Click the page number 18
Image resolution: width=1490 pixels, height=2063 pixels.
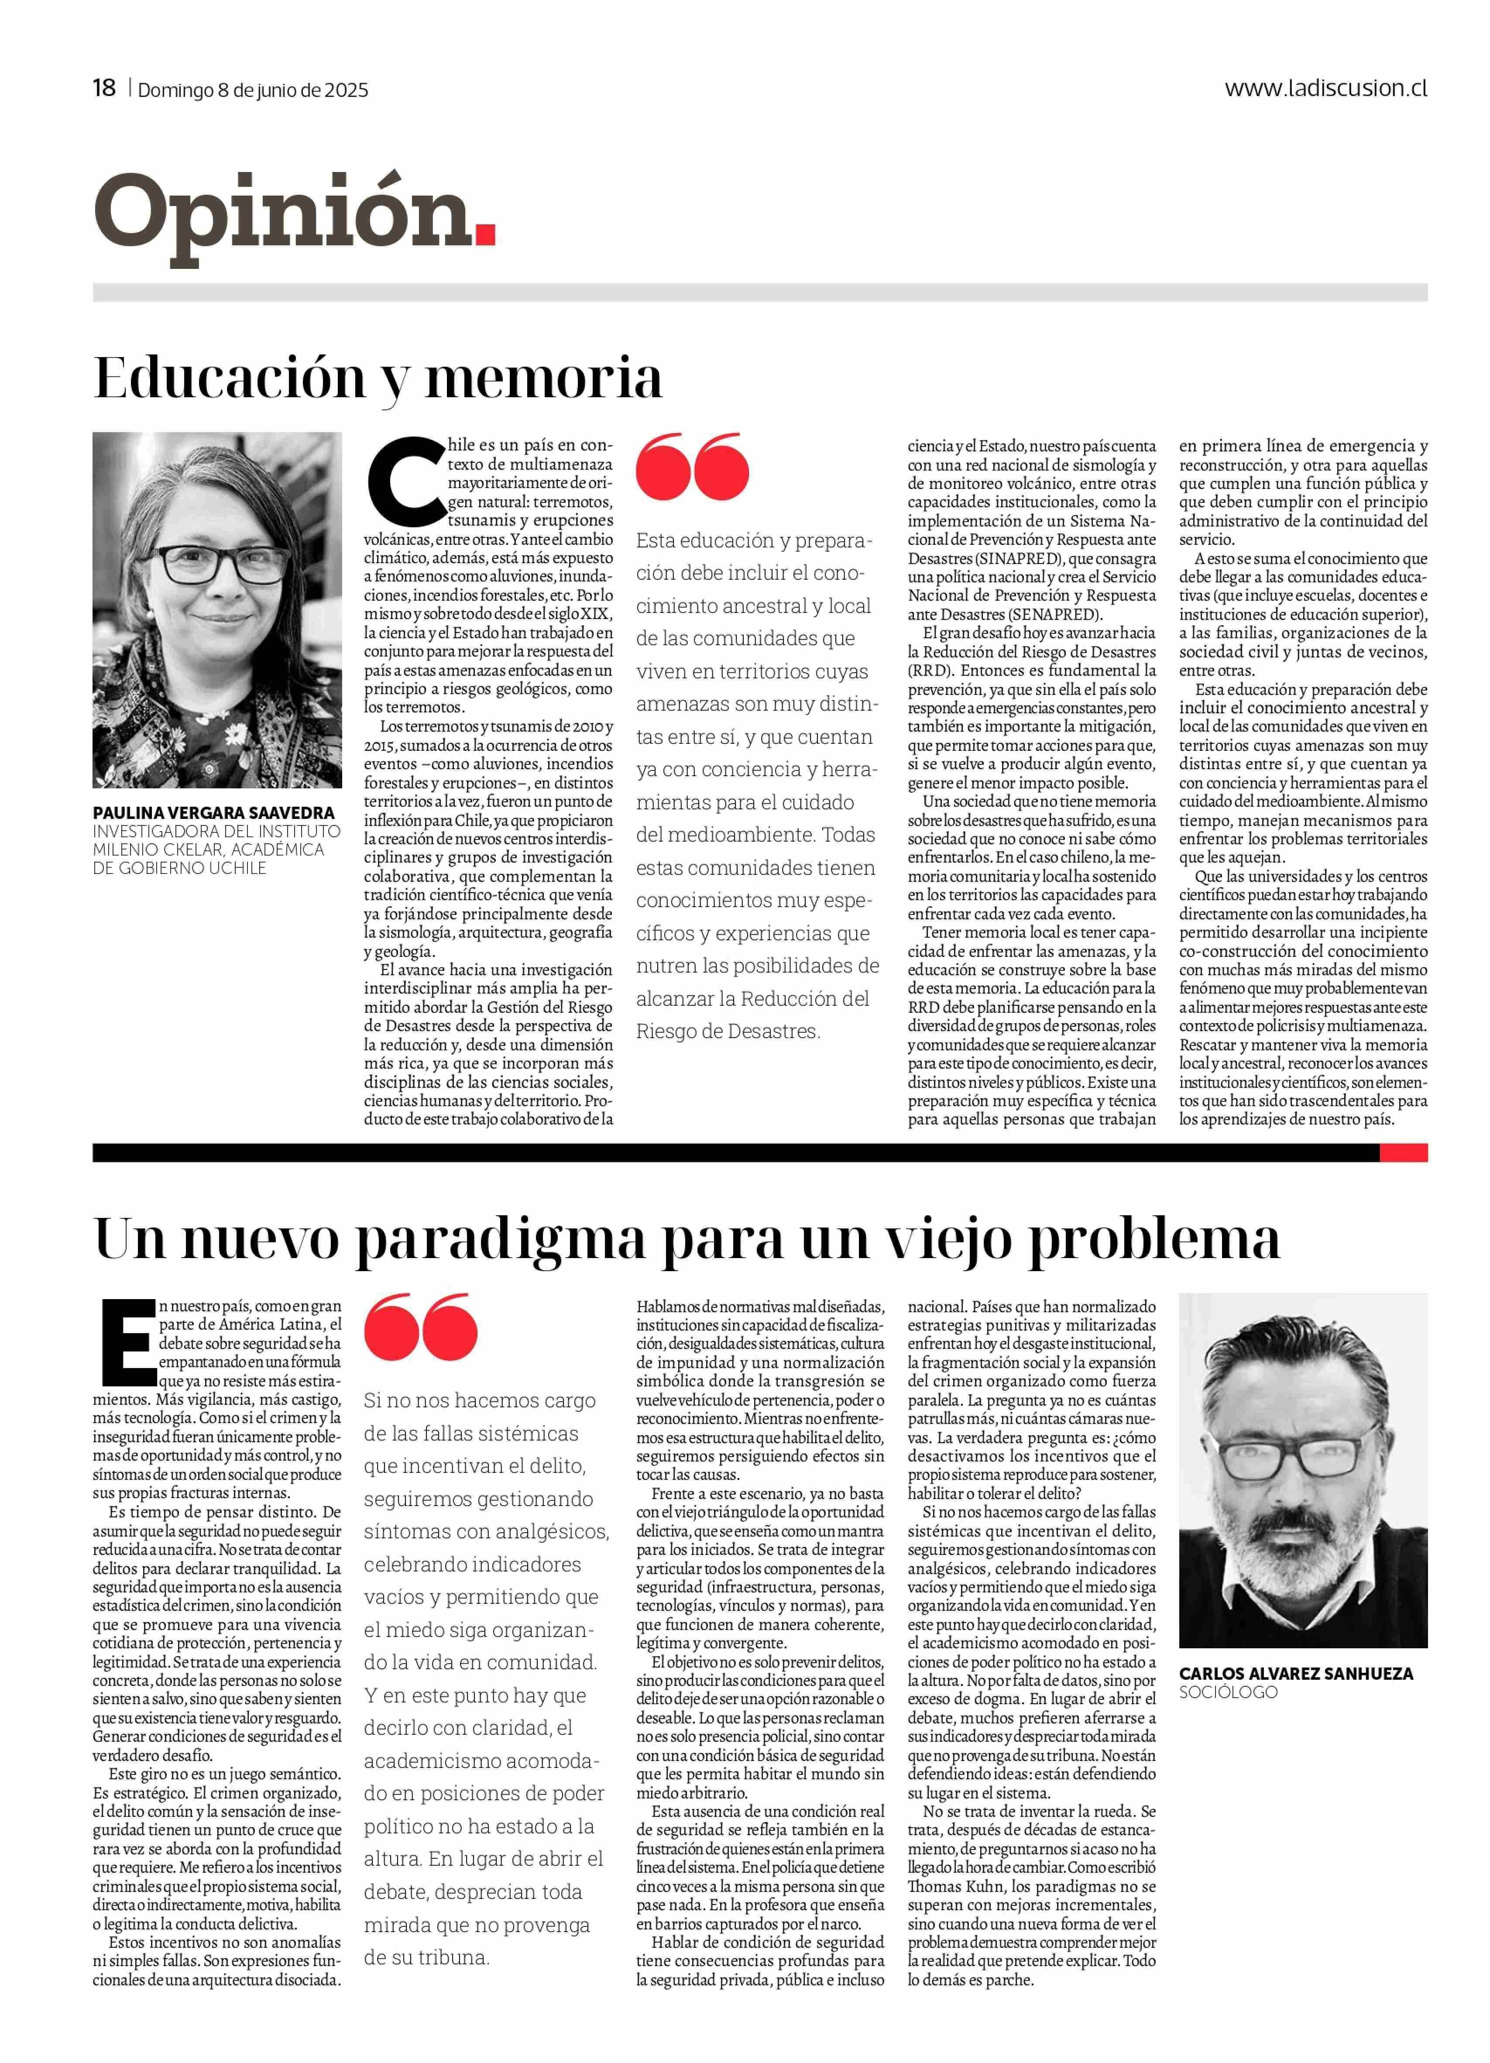tap(104, 88)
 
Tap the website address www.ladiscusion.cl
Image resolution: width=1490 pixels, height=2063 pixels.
tap(1325, 88)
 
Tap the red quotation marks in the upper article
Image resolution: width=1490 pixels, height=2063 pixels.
tap(691, 467)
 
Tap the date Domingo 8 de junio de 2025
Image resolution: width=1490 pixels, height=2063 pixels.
tap(253, 90)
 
